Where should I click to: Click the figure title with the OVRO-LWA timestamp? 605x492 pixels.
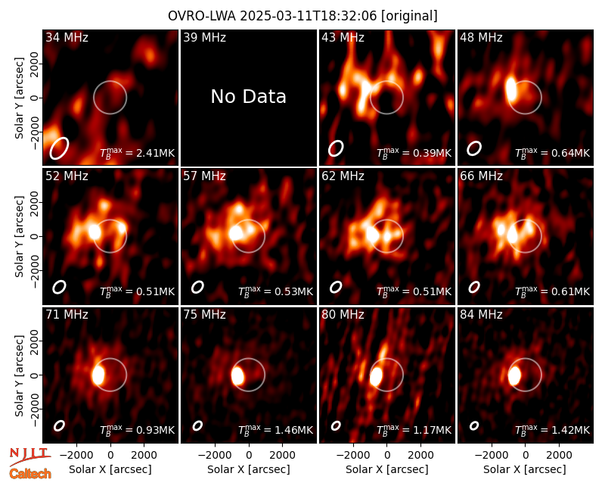point(302,16)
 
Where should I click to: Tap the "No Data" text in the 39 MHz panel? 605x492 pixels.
point(249,97)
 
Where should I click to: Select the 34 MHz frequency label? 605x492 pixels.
point(67,37)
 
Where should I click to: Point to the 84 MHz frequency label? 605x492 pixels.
point(481,315)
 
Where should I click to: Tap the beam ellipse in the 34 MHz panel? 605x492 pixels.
point(59,148)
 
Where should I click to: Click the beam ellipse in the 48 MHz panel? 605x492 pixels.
point(474,148)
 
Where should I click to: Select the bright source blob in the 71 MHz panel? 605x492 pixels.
point(99,375)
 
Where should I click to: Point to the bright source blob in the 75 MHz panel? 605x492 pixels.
point(237,375)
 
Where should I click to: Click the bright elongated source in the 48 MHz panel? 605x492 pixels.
point(511,89)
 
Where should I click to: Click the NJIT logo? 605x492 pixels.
point(29,456)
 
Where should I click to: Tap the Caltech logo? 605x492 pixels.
point(30,474)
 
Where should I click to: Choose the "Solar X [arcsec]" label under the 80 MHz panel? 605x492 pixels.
point(387,469)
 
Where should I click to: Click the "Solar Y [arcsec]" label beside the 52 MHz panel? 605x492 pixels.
point(20,236)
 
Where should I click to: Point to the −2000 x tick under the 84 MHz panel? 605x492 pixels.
point(489,455)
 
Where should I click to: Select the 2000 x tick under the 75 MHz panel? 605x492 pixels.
point(282,455)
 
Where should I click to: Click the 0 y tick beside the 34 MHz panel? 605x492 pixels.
point(35,98)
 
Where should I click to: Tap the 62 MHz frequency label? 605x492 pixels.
point(343,176)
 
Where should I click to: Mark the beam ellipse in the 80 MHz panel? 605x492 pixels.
point(336,425)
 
